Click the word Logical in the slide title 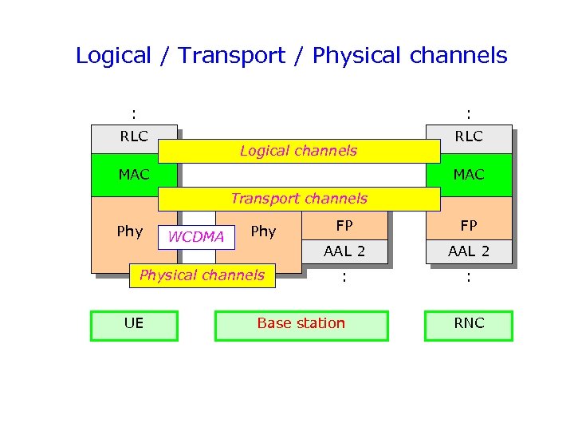pos(113,56)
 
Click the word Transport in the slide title pos(231,56)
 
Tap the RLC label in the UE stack pos(134,136)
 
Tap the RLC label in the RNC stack pos(469,136)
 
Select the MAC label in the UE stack pos(134,174)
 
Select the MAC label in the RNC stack pos(469,174)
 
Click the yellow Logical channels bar pos(299,151)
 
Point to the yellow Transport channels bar pos(299,199)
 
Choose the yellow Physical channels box pos(202,275)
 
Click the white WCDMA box pos(196,237)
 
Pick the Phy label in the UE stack pos(129,231)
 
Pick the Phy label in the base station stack pos(263,231)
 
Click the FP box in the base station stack pos(344,226)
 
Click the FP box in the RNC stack pos(469,226)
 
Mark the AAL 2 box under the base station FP pos(344,251)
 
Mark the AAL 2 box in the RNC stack pos(469,251)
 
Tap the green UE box pos(134,325)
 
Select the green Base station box pos(301,325)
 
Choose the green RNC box pos(469,325)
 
